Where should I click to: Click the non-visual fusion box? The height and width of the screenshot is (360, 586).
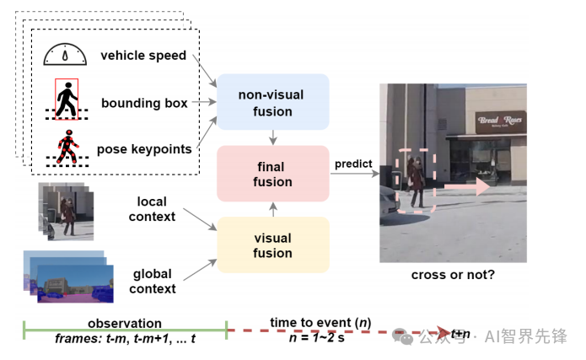point(272,102)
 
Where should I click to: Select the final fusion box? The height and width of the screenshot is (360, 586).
point(272,174)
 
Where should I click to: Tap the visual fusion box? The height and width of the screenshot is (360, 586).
point(272,244)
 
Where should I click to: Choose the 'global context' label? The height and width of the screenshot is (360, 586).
point(153,281)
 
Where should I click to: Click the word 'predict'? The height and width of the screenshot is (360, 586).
point(354,163)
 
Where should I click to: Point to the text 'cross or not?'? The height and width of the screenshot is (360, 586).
point(453,274)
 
